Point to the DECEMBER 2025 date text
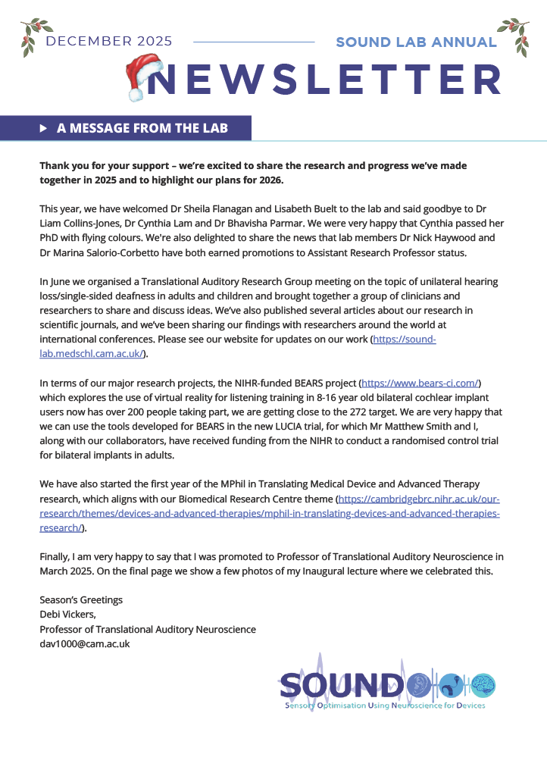coord(108,41)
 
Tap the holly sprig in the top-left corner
coord(28,37)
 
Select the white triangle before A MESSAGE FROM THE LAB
coord(43,128)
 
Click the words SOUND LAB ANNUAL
coord(416,42)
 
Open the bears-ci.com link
coord(420,383)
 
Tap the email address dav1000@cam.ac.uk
coord(85,643)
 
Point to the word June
coord(62,282)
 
